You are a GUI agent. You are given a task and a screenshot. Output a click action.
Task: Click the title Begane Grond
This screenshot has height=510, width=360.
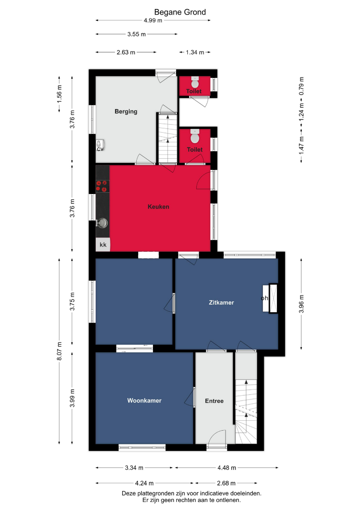(180, 12)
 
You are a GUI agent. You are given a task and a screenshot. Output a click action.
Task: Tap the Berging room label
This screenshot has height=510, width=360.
(126, 111)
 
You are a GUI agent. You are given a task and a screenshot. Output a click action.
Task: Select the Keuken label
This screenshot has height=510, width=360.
(158, 206)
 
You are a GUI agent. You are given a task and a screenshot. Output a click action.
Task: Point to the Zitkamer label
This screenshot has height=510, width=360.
(221, 303)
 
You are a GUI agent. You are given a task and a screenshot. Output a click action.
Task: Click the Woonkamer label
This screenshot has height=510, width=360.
(144, 400)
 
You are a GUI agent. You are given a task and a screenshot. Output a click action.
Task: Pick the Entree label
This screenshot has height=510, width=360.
(214, 401)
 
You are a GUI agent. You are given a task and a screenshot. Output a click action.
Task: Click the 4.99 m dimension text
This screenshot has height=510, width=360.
(153, 20)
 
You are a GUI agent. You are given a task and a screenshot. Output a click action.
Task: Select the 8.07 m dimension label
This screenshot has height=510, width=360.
(59, 351)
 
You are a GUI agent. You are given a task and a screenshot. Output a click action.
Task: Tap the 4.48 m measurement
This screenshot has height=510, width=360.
(227, 467)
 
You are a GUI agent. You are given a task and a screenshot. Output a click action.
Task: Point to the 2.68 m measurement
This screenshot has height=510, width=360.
(226, 484)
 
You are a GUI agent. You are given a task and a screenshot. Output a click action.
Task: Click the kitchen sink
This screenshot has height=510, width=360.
(102, 223)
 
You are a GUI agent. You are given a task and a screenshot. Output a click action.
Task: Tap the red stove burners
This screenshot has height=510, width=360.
(102, 186)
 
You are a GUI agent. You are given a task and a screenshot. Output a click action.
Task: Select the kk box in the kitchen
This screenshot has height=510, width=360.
(103, 245)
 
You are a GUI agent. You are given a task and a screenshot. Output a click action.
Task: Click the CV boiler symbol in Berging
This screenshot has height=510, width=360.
(100, 145)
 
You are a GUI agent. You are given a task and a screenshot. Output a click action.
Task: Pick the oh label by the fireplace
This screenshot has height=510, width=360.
(265, 298)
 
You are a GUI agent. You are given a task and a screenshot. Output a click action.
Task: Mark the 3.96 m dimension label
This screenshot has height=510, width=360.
(301, 304)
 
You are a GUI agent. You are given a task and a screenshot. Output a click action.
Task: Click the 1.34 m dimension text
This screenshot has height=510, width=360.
(195, 52)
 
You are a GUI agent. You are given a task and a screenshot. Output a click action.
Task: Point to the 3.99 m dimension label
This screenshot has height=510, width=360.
(72, 398)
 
